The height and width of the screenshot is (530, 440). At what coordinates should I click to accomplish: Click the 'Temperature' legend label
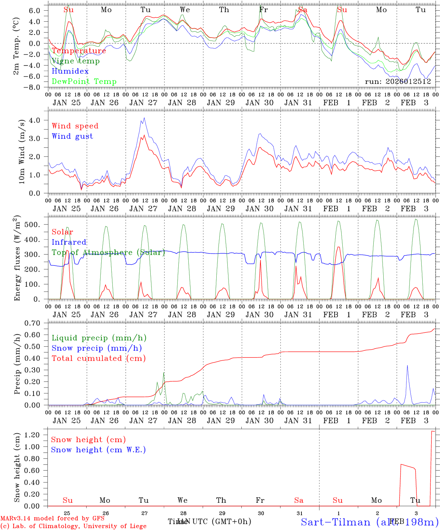pos(79,51)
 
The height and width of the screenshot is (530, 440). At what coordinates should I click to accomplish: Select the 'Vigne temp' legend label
pos(76,61)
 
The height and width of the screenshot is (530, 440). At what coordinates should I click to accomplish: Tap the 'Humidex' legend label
pos(70,71)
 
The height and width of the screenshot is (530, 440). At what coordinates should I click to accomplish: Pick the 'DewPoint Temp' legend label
pos(84,82)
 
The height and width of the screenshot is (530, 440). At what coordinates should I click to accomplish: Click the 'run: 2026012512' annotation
pos(398,82)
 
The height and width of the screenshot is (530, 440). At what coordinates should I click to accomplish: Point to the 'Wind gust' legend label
pos(72,136)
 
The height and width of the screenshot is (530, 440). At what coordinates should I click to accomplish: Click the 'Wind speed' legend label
pos(75,126)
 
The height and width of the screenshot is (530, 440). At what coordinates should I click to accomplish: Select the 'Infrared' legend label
pos(69,242)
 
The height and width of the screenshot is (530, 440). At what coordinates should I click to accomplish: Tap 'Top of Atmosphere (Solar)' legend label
pos(108,252)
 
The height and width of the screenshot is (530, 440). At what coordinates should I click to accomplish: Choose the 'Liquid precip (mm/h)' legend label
pos(99,338)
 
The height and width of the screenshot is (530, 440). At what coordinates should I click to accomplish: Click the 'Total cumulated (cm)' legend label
pos(99,358)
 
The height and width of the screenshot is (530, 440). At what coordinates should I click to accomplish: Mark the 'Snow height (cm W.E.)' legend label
pos(98,450)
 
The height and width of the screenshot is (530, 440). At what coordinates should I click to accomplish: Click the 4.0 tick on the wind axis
pos(37,120)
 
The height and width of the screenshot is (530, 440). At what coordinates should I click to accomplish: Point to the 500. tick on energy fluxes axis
pos(36,225)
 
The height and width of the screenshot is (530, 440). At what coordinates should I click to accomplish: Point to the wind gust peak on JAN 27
pos(144,118)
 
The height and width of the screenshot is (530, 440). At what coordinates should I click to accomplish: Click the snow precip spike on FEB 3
pos(407,365)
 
